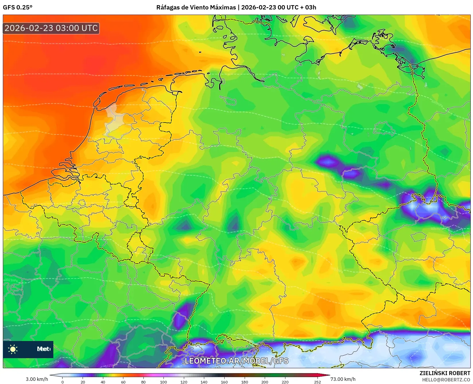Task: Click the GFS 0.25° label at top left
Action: point(17,7)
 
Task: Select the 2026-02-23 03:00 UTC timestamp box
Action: point(51,28)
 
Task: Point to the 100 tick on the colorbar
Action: point(163,382)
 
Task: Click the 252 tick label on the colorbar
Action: point(317,382)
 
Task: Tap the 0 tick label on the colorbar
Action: point(63,382)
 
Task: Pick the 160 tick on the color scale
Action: point(224,382)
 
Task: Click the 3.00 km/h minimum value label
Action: point(37,379)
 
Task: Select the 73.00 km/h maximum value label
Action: point(343,379)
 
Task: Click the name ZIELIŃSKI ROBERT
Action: point(445,373)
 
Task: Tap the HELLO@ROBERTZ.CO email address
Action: point(446,380)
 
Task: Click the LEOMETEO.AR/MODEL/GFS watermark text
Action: point(236,361)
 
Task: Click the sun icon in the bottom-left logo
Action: point(13,349)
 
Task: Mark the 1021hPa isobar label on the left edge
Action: point(11,280)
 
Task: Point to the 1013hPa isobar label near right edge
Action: point(437,229)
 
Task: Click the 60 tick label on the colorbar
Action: point(123,382)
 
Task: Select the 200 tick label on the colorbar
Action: point(265,382)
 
